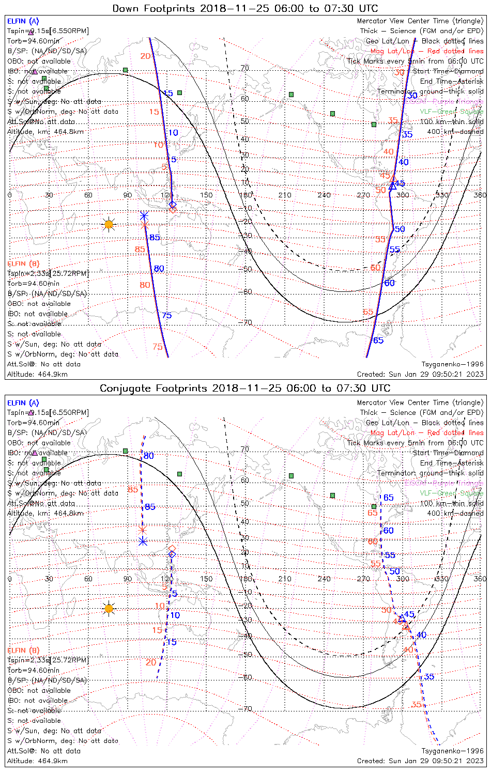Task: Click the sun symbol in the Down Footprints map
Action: click(x=109, y=224)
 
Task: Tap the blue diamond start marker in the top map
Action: click(x=173, y=205)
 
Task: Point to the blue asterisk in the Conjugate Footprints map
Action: click(x=143, y=541)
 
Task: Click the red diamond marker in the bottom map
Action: click(x=172, y=548)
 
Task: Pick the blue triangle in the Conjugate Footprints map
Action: click(x=402, y=617)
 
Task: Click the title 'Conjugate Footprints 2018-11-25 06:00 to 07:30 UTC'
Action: click(x=245, y=388)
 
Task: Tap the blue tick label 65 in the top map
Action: click(x=378, y=340)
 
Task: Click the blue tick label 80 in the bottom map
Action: click(x=149, y=456)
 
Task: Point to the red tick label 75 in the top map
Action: click(x=158, y=347)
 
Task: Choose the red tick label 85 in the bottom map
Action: click(x=133, y=489)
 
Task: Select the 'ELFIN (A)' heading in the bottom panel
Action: click(x=23, y=402)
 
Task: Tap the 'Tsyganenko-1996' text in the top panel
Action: click(x=452, y=364)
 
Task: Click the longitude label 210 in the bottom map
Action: click(x=285, y=579)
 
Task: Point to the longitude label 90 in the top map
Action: click(x=128, y=195)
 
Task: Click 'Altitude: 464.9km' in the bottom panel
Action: click(x=37, y=761)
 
